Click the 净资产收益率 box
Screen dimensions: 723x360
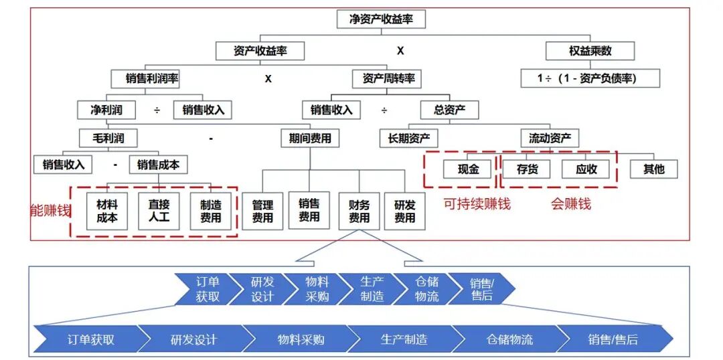point(381,20)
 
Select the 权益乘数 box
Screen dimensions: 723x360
point(590,51)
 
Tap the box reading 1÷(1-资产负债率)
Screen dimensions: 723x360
point(590,78)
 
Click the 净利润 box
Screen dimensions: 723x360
point(106,110)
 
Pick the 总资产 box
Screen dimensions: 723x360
point(450,110)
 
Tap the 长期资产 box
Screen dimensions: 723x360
point(408,138)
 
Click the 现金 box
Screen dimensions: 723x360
point(468,169)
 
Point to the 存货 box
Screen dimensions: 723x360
point(527,169)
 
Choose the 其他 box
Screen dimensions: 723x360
point(654,169)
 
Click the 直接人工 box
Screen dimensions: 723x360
point(159,211)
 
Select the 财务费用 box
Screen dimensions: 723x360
point(359,211)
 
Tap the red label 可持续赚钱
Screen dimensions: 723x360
point(477,204)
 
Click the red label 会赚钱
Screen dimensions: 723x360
point(571,204)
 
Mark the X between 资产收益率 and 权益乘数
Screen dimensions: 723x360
point(400,51)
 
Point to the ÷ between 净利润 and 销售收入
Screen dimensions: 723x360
point(157,110)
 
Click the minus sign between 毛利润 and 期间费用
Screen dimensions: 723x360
point(211,138)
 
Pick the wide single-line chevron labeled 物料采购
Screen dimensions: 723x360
point(301,340)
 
